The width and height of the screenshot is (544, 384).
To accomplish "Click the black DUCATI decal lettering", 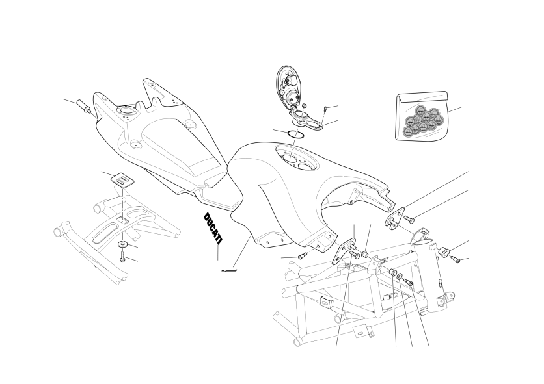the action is [x=213, y=227].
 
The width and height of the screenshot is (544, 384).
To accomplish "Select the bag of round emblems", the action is [x=422, y=116].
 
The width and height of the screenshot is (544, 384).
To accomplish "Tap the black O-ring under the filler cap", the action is [x=295, y=134].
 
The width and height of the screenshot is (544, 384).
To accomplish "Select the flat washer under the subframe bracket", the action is [x=122, y=244].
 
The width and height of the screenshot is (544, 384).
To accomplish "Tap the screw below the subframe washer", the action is [x=122, y=257].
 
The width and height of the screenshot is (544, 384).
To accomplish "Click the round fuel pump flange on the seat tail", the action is [x=127, y=110].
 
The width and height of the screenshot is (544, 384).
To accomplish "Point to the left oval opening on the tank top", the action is [x=290, y=159].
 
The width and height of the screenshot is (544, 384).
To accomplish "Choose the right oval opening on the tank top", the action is [x=306, y=167].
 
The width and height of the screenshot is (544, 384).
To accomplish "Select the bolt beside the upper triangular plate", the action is [x=409, y=218].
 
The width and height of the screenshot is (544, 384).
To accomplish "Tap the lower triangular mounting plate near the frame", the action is [x=342, y=251].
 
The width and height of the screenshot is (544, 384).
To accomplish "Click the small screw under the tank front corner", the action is [x=301, y=257].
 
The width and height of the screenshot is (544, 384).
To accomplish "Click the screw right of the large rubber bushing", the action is [x=456, y=259].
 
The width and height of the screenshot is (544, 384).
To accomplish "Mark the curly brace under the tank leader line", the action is [x=229, y=270].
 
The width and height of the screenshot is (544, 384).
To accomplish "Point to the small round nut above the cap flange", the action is [x=304, y=106].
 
